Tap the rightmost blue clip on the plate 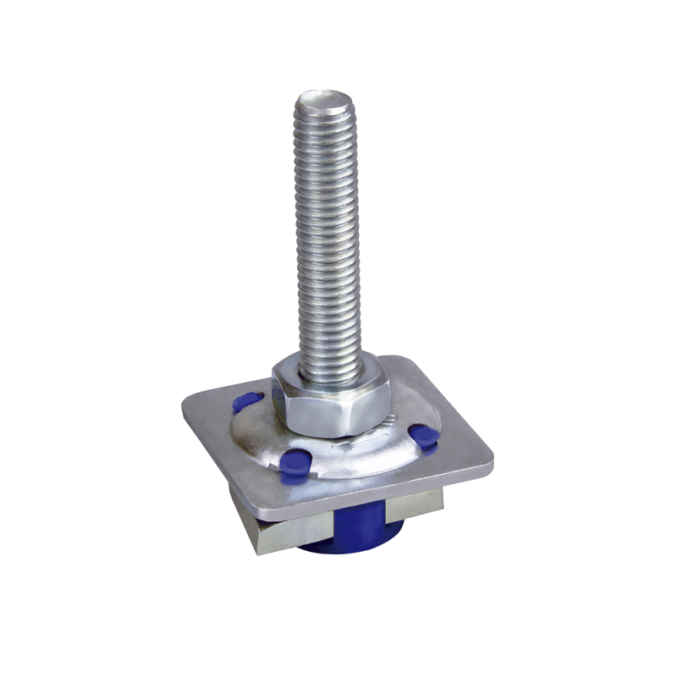pyautogui.click(x=423, y=436)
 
